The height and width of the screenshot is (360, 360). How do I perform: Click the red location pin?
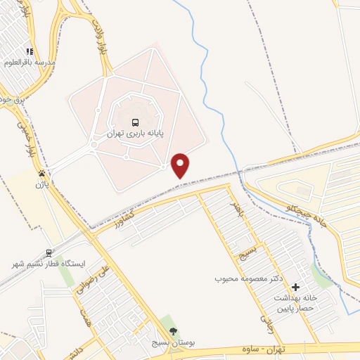[x=181, y=165]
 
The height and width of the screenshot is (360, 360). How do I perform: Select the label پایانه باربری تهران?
[x=135, y=132]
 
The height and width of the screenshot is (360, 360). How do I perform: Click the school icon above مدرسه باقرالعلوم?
[x=30, y=51]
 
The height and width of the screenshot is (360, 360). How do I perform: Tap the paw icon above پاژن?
[x=43, y=173]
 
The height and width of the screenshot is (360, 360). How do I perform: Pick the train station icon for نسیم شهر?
[x=49, y=253]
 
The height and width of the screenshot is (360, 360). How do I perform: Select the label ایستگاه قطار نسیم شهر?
[x=48, y=264]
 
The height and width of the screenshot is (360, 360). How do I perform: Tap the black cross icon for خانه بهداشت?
[x=295, y=287]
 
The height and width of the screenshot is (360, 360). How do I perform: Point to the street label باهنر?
[x=235, y=211]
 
